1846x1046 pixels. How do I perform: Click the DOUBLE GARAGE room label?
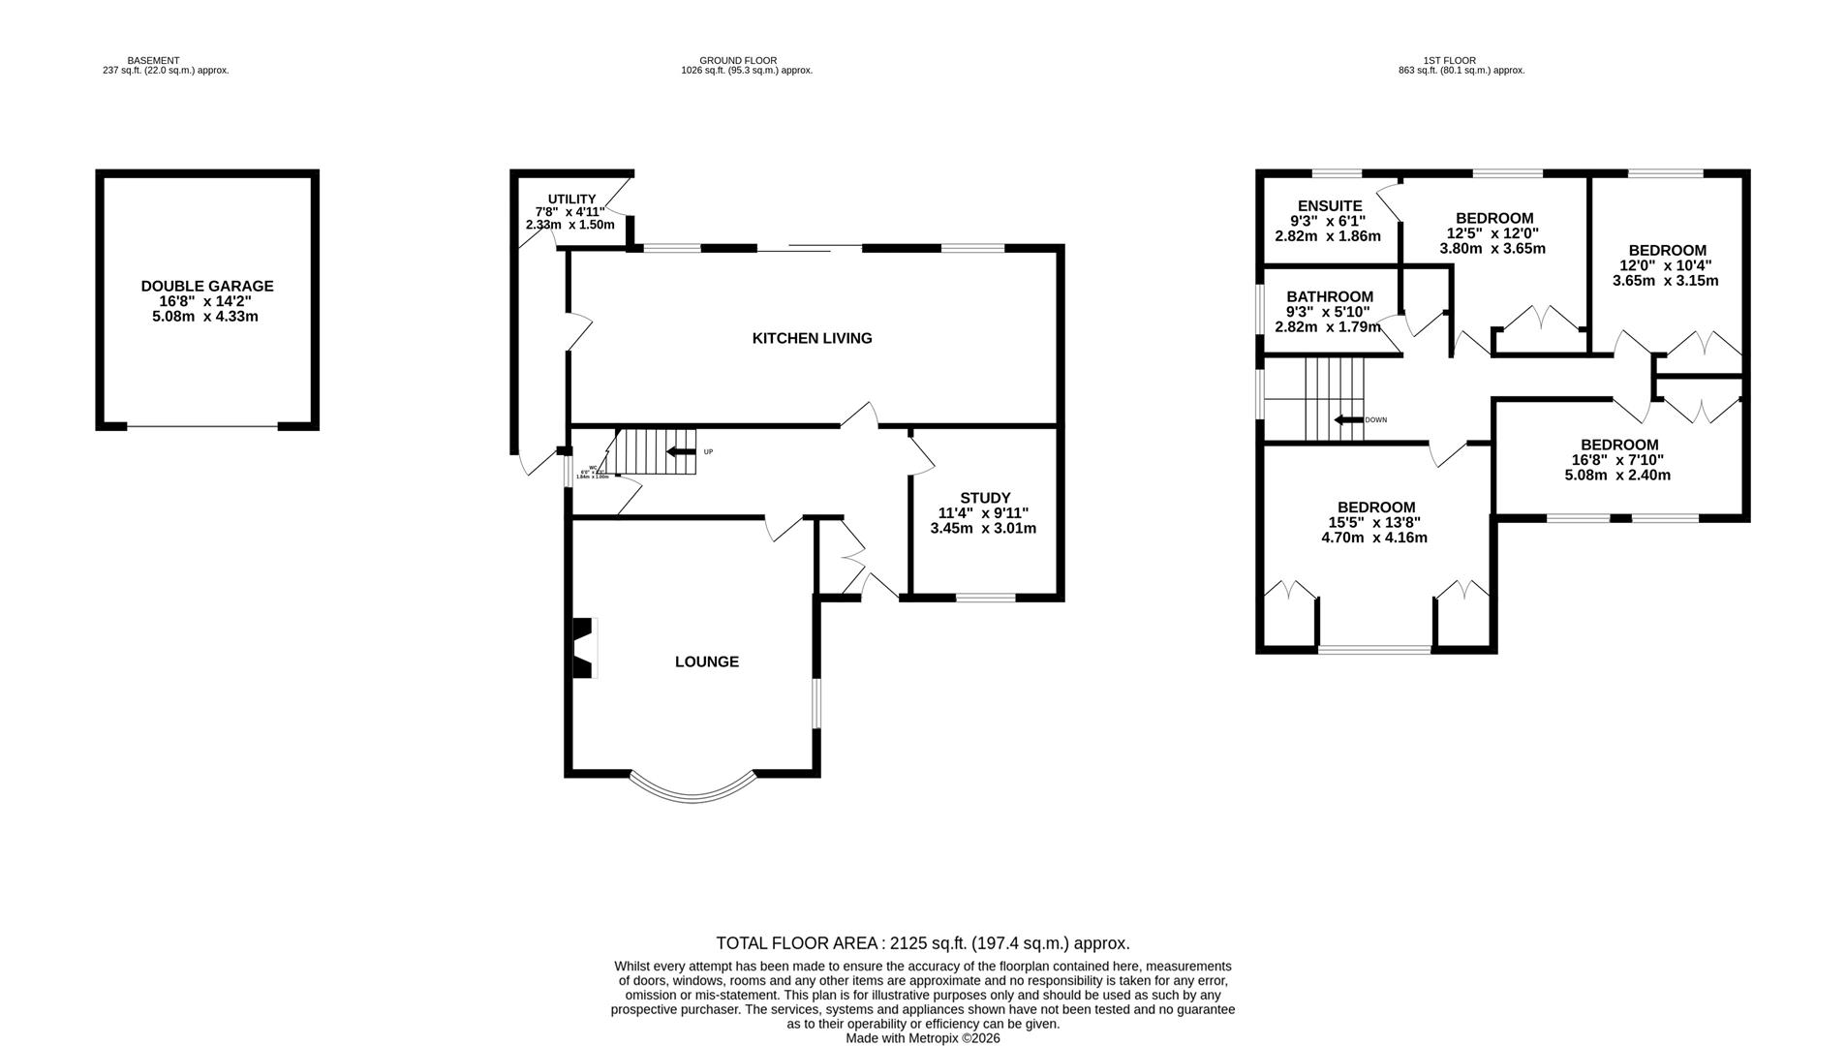[206, 286]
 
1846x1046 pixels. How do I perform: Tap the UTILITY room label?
[571, 199]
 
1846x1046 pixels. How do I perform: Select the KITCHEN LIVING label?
[812, 338]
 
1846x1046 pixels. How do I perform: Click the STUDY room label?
[985, 498]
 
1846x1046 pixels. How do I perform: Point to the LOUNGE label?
[706, 661]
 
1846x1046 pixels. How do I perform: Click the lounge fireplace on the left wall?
[584, 648]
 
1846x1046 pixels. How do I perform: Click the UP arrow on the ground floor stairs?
[682, 451]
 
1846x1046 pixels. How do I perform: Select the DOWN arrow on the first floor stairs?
[1348, 419]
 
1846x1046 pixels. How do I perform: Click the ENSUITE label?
[1329, 205]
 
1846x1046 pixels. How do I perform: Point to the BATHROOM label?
[1329, 296]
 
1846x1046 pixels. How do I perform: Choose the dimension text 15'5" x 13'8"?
[1375, 522]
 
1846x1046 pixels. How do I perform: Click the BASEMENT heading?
[153, 60]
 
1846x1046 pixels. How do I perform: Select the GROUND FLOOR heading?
[738, 60]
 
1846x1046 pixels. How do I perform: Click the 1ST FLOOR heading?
[1449, 60]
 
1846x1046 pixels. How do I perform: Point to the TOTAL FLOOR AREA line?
[922, 942]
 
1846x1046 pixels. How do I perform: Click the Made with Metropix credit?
[922, 1037]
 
